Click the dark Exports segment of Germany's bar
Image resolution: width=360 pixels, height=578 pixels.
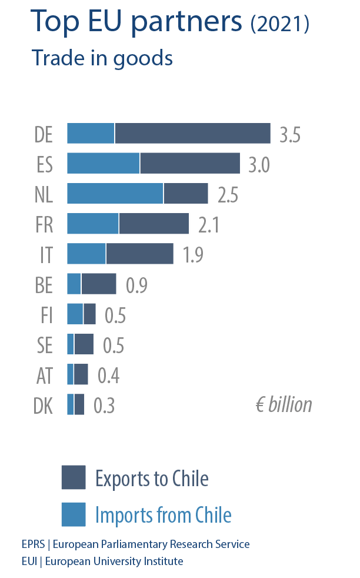[192, 134]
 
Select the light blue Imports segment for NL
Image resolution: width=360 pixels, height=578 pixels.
[115, 194]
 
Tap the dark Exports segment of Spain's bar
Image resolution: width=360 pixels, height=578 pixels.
[190, 164]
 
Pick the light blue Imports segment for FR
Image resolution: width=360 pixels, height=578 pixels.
[93, 224]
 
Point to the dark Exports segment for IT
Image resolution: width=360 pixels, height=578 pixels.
[139, 254]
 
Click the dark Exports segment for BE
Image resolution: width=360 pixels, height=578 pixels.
[99, 284]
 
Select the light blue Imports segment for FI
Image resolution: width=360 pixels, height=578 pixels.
[75, 314]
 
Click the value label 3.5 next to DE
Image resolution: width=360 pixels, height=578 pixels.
[290, 135]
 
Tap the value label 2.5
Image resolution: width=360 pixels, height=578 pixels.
[228, 195]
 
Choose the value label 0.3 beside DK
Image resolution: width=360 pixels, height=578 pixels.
[104, 406]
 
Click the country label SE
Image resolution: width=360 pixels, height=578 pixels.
[45, 346]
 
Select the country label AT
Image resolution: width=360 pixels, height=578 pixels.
[45, 376]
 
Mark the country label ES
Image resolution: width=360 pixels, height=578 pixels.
[45, 165]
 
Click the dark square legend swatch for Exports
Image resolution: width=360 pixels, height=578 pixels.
[74, 477]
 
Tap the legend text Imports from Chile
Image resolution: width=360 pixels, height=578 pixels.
[163, 516]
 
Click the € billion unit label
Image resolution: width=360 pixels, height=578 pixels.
[284, 404]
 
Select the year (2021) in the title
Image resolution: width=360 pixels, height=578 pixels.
[279, 24]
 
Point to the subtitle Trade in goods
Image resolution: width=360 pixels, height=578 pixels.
[102, 58]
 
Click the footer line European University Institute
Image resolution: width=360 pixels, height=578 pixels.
[102, 562]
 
